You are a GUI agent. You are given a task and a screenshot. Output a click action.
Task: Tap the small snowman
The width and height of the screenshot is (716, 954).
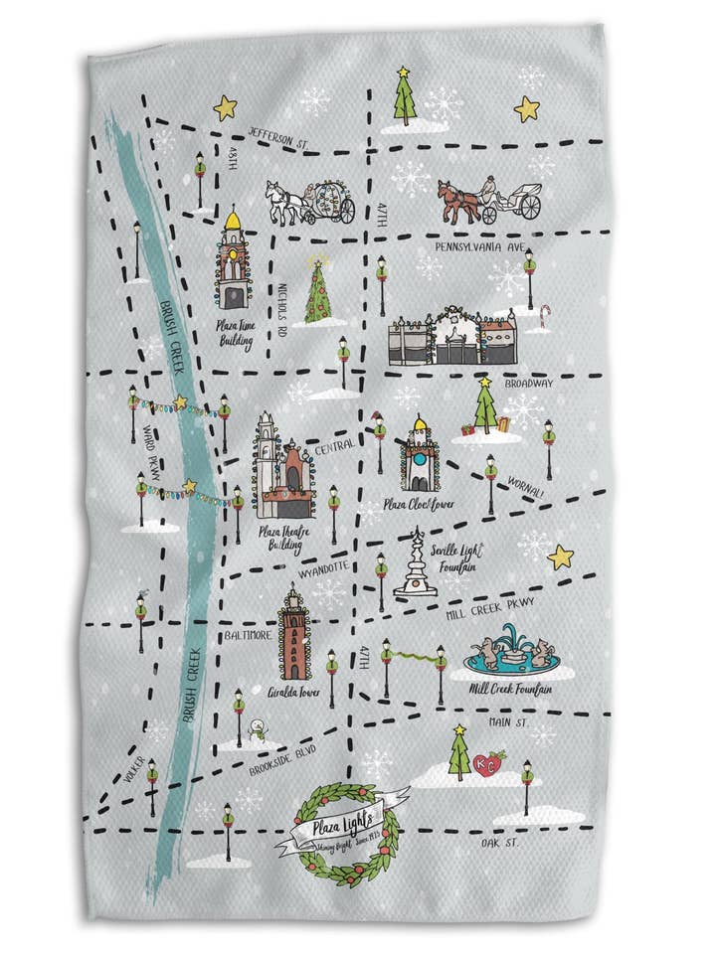(x=258, y=732)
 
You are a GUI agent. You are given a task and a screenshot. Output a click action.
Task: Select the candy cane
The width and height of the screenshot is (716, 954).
(x=543, y=316)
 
